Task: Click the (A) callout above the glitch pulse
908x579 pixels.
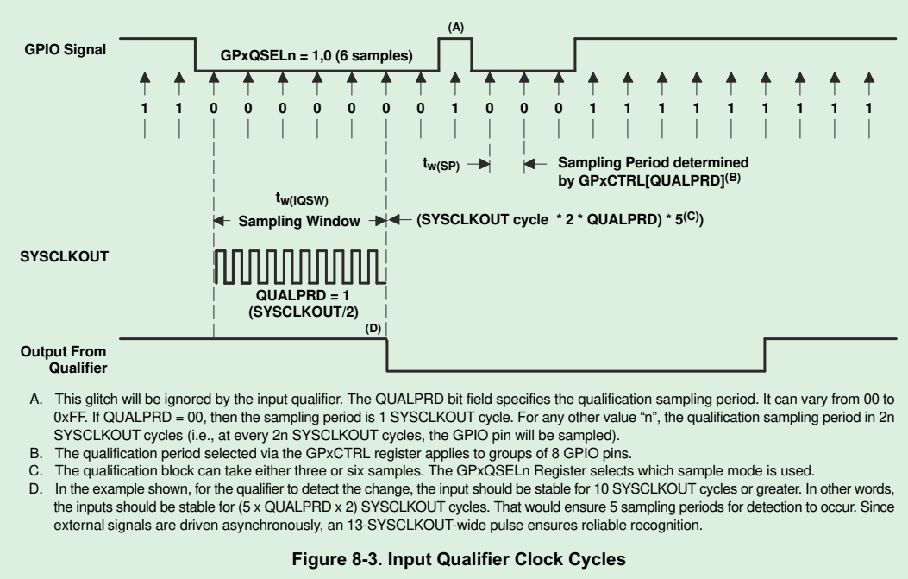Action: point(456,28)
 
